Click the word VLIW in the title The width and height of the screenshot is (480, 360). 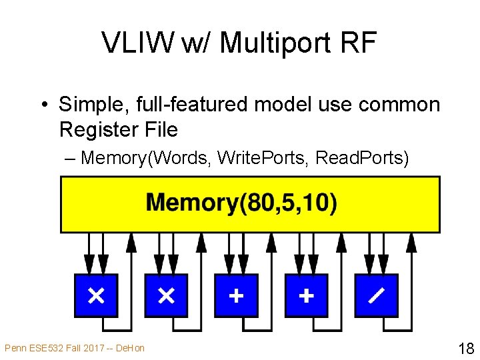(138, 42)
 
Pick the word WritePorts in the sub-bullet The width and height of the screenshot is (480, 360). (261, 158)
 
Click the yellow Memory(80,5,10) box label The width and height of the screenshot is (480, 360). (241, 203)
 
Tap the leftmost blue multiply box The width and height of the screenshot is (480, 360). (96, 295)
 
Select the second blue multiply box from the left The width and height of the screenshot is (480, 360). (166, 295)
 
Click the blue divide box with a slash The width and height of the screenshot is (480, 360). (377, 295)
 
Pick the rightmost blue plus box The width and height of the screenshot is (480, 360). (307, 295)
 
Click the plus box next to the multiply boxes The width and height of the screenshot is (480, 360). (236, 295)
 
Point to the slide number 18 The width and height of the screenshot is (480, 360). (466, 349)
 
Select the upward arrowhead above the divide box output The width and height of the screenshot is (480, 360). (411, 243)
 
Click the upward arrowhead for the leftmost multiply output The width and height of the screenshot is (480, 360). (131, 243)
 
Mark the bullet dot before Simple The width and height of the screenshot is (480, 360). (45, 105)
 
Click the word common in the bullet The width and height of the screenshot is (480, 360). (399, 105)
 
